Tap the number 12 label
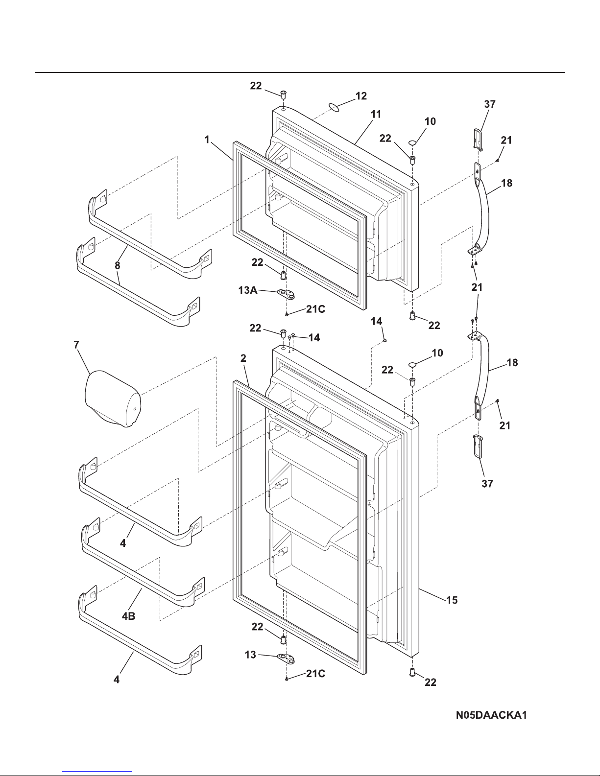tap(361, 96)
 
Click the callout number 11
tap(376, 115)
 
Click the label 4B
tap(129, 617)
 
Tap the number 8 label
tap(118, 265)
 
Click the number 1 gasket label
tap(207, 140)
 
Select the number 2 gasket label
tap(242, 358)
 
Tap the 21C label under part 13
tap(315, 674)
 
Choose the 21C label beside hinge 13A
tap(315, 309)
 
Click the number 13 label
tap(250, 655)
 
